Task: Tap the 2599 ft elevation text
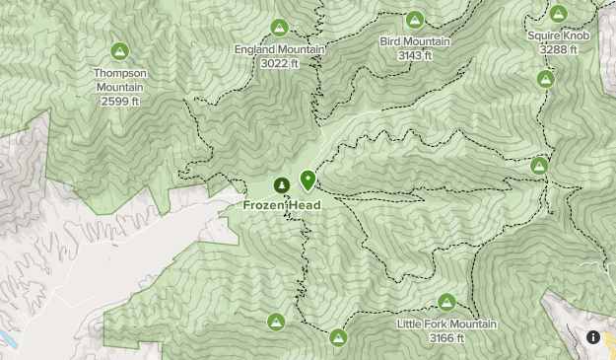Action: [x=119, y=101]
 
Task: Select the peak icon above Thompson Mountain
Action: [x=119, y=50]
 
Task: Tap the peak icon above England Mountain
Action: [x=279, y=27]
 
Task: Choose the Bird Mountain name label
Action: [x=415, y=41]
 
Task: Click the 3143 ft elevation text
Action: [x=415, y=55]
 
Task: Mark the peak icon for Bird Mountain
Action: [x=415, y=19]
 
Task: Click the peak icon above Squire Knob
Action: [x=559, y=13]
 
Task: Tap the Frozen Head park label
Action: [x=282, y=205]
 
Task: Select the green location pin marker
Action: [x=308, y=180]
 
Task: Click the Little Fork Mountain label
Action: [x=446, y=324]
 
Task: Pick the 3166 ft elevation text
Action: [x=446, y=338]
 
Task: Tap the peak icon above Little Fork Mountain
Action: [x=446, y=302]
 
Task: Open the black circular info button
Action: [x=593, y=337]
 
